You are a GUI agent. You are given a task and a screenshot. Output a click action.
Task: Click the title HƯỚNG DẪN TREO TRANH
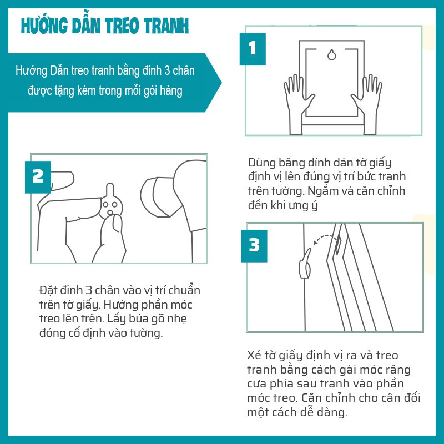[104, 26]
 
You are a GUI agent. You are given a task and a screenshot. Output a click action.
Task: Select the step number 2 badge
[38, 176]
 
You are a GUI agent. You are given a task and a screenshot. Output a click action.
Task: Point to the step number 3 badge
[254, 245]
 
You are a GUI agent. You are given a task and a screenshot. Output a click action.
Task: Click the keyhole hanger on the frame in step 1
[331, 55]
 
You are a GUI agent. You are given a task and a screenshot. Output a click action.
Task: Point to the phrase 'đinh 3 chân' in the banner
[165, 72]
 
